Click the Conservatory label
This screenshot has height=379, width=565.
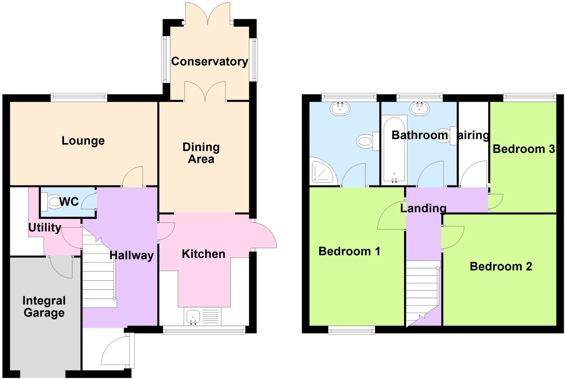(x=209, y=62)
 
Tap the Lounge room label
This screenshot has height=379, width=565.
(x=83, y=141)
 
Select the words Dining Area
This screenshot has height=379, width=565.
(x=201, y=153)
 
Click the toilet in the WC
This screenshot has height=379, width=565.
(x=52, y=202)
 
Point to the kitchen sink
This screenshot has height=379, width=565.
(x=193, y=316)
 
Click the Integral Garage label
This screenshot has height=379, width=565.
(x=44, y=307)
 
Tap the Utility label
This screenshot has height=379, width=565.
(x=45, y=227)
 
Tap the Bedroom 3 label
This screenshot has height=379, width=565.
(x=524, y=149)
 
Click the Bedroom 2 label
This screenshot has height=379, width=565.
(x=501, y=267)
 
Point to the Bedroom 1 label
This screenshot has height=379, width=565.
(x=349, y=251)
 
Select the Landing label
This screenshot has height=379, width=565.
(x=423, y=208)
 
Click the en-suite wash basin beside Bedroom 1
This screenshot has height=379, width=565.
(x=340, y=108)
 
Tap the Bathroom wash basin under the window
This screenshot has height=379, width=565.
(x=419, y=108)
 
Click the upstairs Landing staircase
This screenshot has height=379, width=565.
(x=422, y=293)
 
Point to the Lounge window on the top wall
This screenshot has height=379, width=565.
(x=79, y=96)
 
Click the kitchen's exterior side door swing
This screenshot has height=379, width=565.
(x=265, y=235)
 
